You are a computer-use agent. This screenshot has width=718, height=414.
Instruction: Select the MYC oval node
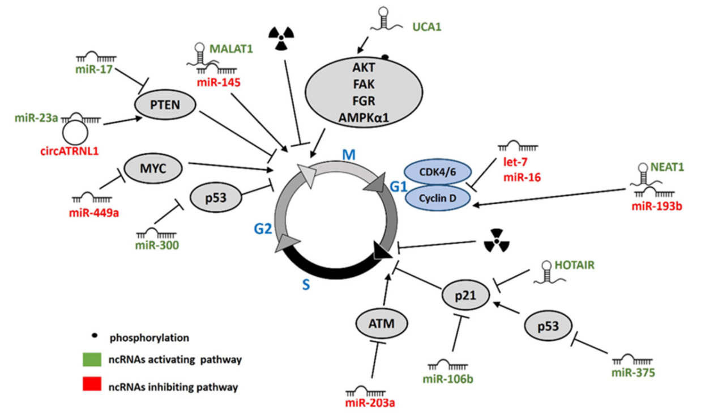(x=152, y=168)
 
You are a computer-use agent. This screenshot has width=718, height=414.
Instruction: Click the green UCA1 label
(x=426, y=26)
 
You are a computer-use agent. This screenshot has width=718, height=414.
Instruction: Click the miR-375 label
(x=633, y=372)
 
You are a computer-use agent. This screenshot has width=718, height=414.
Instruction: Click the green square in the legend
(x=88, y=360)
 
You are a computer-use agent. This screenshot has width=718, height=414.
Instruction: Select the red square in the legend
(x=88, y=387)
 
